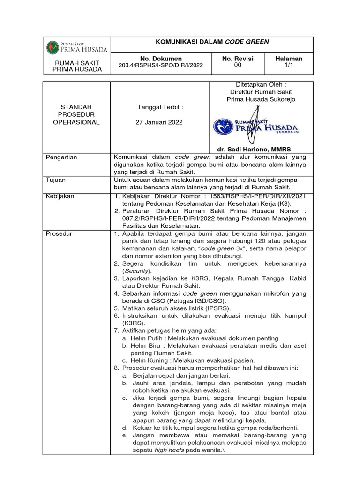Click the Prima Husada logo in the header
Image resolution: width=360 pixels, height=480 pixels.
point(77,47)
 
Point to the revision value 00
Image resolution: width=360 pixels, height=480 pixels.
point(238,66)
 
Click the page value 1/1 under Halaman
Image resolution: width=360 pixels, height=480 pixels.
point(289,66)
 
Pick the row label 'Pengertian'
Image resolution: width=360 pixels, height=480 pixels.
point(61,157)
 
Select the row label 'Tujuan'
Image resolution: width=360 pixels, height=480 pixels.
point(55,180)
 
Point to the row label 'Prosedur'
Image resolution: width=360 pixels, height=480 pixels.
point(59,233)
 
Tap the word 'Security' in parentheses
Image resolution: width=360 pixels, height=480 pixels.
point(137,271)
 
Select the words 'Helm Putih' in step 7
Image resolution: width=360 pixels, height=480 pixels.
point(146,338)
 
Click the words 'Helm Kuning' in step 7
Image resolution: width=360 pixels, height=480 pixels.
point(148,360)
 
